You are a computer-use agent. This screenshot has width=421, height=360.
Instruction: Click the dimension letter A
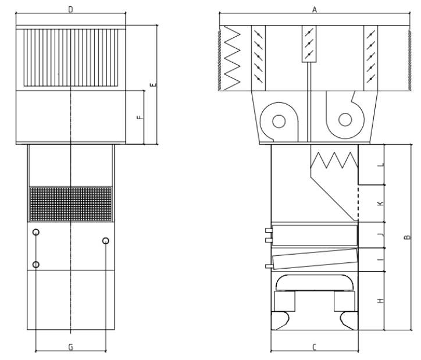click(x=315, y=10)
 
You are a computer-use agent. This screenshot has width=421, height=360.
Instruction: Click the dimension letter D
click(x=70, y=10)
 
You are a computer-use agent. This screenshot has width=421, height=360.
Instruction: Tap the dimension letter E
click(x=154, y=85)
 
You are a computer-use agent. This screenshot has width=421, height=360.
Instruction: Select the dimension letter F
click(x=140, y=117)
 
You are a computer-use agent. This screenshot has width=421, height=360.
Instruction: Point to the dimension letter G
click(x=70, y=347)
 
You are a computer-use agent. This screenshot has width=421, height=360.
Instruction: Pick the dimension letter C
click(x=315, y=347)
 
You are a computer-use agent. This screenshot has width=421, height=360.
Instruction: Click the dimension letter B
click(x=407, y=237)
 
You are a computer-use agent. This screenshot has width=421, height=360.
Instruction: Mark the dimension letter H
click(x=380, y=301)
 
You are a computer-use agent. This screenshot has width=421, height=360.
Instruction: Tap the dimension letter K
click(x=380, y=204)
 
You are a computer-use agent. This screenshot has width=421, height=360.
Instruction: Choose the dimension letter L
click(x=381, y=165)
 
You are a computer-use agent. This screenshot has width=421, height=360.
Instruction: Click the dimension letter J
click(x=381, y=235)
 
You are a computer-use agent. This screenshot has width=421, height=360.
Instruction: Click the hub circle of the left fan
click(x=279, y=122)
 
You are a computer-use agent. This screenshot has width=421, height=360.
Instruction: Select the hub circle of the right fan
click(x=345, y=120)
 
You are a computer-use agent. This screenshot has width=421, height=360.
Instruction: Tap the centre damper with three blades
click(x=309, y=44)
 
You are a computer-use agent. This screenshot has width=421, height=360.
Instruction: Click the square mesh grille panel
click(x=70, y=204)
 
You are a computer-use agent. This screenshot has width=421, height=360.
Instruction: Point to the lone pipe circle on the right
click(x=106, y=241)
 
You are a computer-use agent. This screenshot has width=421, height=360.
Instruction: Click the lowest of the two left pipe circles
click(x=36, y=265)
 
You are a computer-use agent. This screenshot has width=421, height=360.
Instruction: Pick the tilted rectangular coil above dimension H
click(x=315, y=259)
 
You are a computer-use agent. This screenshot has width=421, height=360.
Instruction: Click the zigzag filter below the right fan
click(x=334, y=161)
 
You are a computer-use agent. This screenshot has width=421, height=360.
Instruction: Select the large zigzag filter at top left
click(x=231, y=58)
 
